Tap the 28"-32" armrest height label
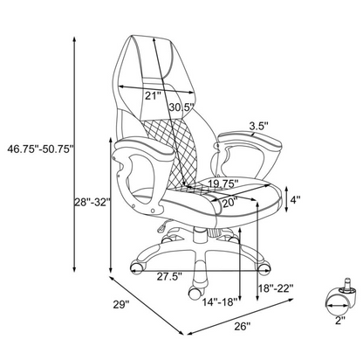pos(93,202)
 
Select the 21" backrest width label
pos(153,96)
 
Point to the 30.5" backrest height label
pos(181,107)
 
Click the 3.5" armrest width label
pos(258,126)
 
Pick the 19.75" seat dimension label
pos(223,183)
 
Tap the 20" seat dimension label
pos(230,203)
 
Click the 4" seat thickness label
pos(296,200)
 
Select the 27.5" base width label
pos(169,276)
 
